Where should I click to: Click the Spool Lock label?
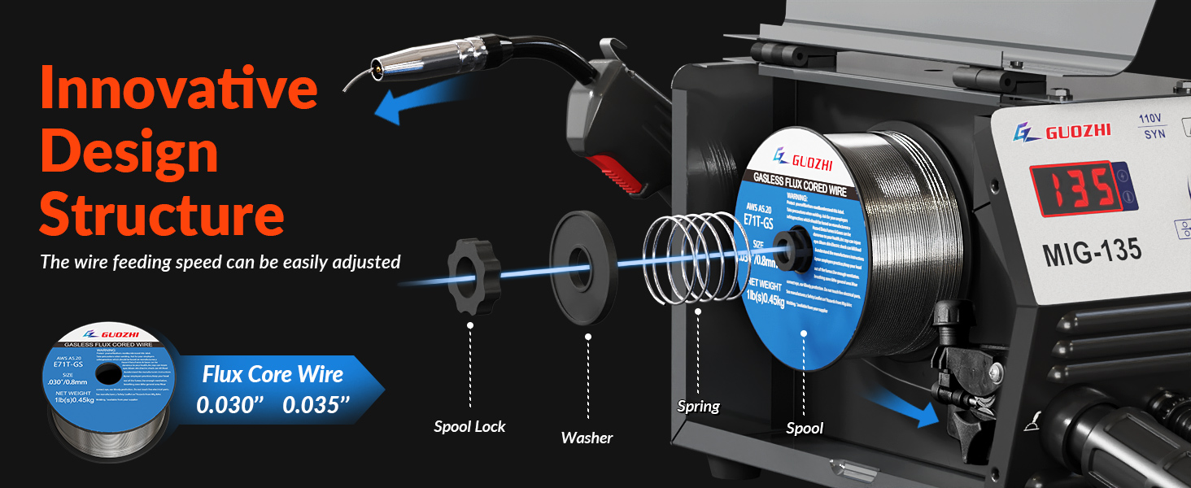469,426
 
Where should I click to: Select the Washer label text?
587,438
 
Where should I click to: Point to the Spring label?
699,406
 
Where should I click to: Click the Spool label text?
805,428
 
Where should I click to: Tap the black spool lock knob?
471,277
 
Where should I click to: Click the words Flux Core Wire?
273,374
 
